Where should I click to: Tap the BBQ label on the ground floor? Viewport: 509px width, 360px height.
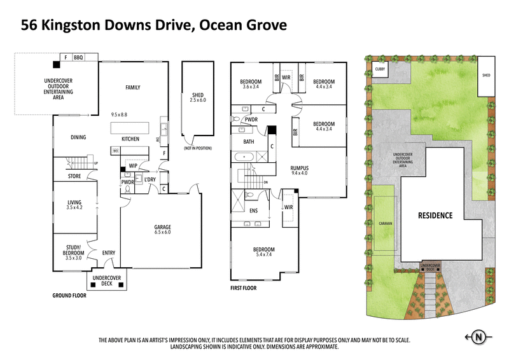[78, 58]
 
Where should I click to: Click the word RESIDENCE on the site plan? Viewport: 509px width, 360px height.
[435, 216]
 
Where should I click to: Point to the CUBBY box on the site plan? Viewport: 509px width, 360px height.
[380, 69]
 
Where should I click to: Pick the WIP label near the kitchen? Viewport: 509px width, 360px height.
[133, 166]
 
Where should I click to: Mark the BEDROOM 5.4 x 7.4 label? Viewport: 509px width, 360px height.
[263, 252]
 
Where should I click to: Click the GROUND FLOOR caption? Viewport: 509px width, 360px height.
[71, 296]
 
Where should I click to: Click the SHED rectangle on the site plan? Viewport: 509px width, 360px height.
[486, 75]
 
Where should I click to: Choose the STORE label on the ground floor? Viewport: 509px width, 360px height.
[74, 176]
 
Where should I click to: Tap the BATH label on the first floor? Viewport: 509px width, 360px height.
[248, 142]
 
